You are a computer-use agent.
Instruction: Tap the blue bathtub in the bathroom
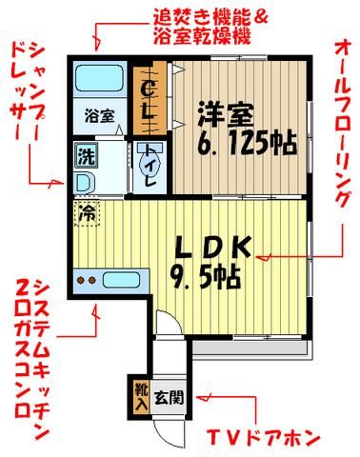(97, 76)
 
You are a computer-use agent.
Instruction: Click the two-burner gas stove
(89, 280)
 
